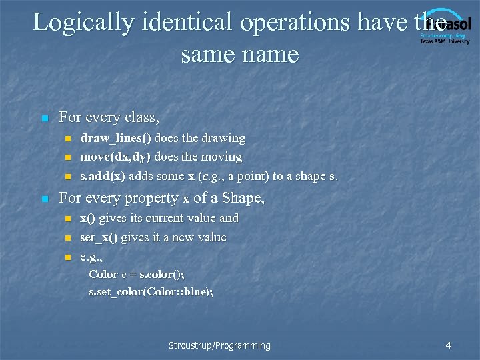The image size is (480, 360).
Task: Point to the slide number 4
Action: pos(448,345)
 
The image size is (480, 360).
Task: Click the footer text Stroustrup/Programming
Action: pos(219,345)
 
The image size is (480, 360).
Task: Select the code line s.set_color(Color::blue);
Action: pos(151,292)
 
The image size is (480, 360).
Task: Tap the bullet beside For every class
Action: pos(45,119)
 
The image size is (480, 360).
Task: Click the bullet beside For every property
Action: pos(45,199)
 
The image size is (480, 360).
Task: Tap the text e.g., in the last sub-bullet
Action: pos(91,257)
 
